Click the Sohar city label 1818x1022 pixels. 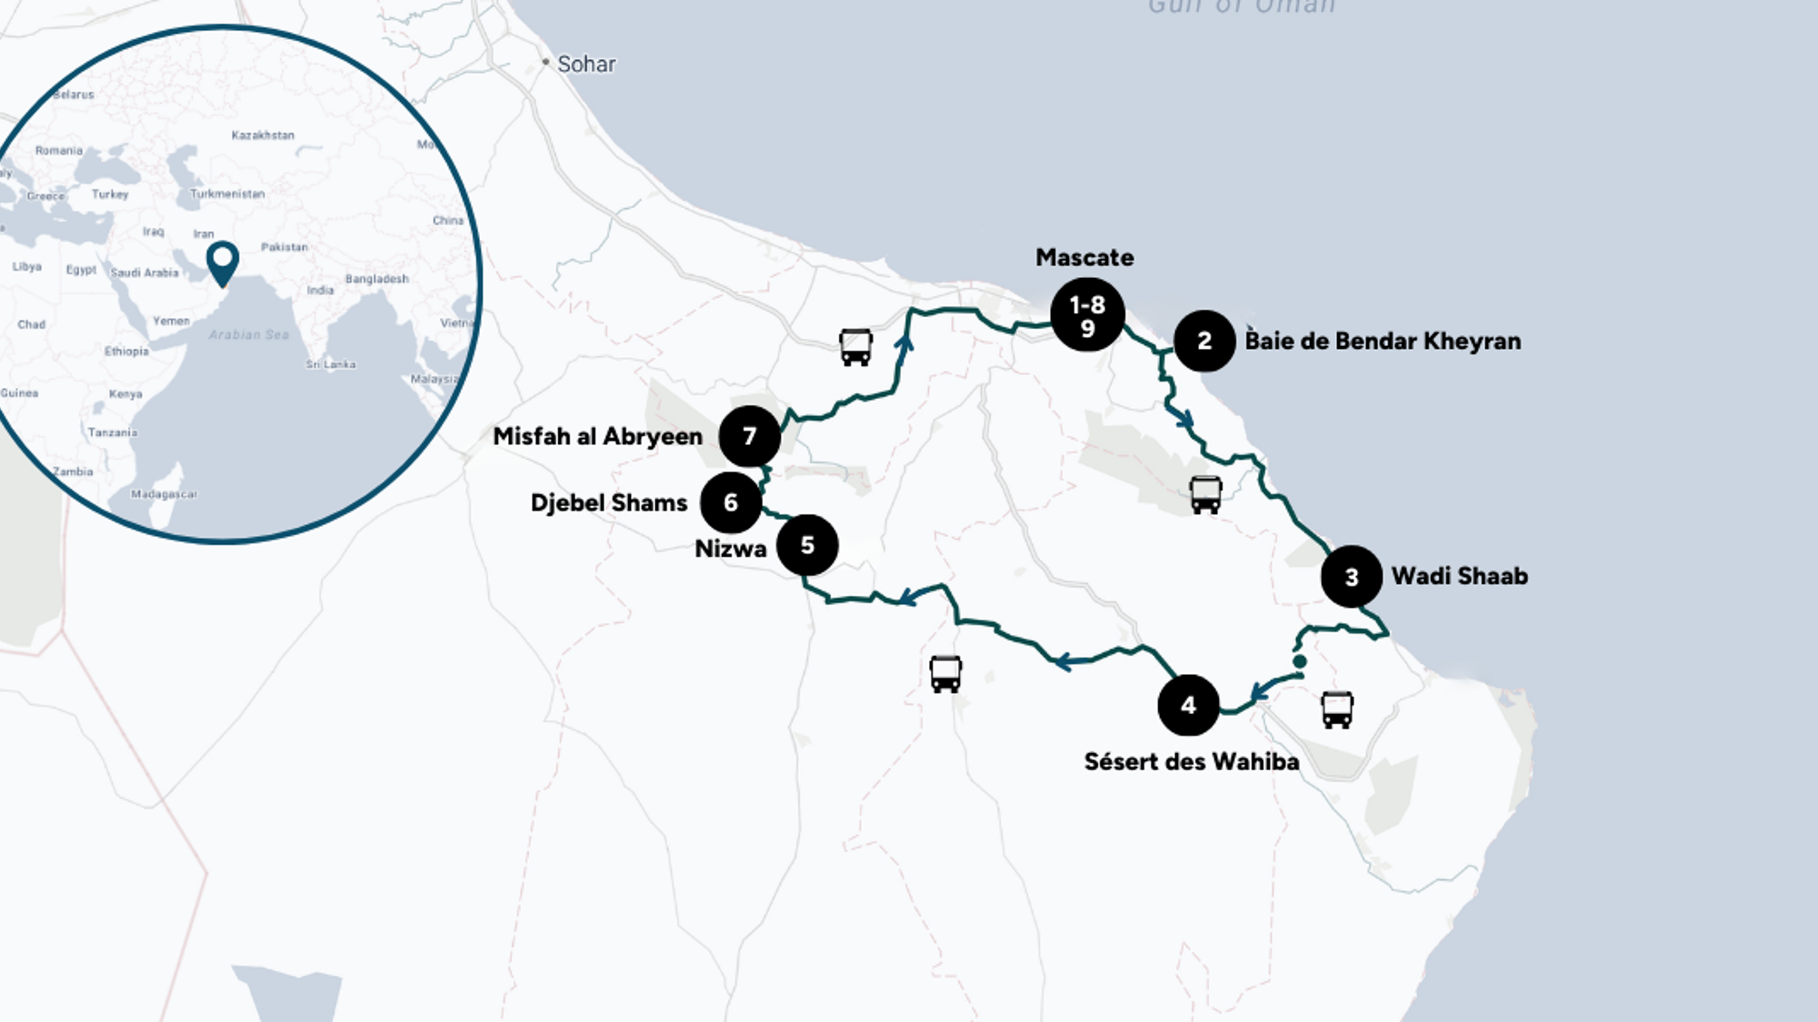click(x=585, y=64)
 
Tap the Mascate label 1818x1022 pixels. click(x=1084, y=258)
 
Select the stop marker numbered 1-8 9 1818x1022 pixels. click(x=1087, y=315)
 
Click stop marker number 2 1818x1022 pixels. click(x=1204, y=341)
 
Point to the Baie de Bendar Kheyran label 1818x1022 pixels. click(x=1383, y=342)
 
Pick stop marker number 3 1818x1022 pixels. click(x=1352, y=576)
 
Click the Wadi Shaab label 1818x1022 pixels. click(x=1459, y=576)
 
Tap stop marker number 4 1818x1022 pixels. click(x=1188, y=705)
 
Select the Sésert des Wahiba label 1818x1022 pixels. click(x=1191, y=761)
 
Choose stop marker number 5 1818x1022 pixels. click(x=807, y=545)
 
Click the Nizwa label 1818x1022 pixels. click(x=731, y=549)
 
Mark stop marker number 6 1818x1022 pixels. click(x=731, y=502)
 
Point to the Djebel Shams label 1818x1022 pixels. click(x=609, y=503)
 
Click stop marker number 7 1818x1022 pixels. click(x=750, y=436)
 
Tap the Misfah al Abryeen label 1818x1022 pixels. click(x=597, y=436)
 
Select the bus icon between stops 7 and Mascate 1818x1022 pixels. click(x=855, y=347)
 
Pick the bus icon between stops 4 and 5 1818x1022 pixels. click(x=945, y=674)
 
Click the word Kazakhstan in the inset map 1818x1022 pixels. click(x=263, y=135)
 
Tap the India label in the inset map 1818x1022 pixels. click(x=320, y=291)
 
